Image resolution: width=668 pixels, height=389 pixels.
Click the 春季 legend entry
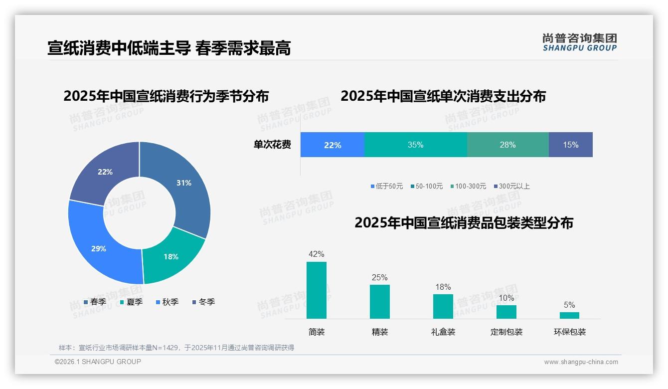click(95, 302)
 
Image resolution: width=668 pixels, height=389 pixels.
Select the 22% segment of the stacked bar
click(333, 145)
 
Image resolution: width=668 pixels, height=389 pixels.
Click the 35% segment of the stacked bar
click(415, 145)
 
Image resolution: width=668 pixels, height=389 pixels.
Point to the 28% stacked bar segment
click(507, 145)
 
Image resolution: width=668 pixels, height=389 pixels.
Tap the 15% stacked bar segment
click(571, 145)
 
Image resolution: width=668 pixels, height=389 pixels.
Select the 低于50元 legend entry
click(387, 186)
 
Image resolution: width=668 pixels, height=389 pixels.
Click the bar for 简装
click(317, 290)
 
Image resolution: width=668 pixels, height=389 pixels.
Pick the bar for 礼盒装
click(443, 306)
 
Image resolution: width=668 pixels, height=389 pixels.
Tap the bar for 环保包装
click(569, 315)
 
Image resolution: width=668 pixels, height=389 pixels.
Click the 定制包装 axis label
click(506, 332)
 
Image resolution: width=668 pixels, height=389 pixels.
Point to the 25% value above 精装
click(379, 277)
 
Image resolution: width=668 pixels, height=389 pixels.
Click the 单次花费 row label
click(272, 145)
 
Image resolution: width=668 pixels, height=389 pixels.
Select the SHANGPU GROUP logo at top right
click(579, 42)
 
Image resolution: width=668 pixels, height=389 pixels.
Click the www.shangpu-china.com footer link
click(581, 362)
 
